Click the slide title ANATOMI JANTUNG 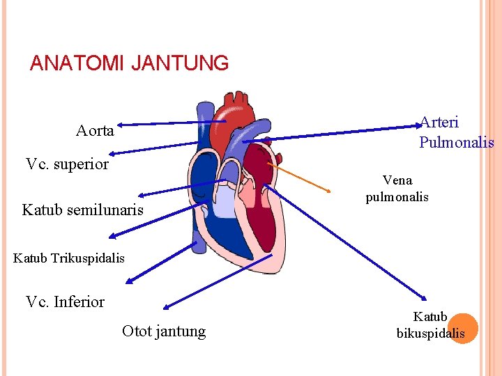coord(129,63)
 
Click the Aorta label coord(95,131)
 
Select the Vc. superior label coord(67,164)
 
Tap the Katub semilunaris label coord(82,210)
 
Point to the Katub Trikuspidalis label coord(68,258)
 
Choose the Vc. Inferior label coord(65,302)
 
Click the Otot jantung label coord(164,331)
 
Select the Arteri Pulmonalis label coord(456,132)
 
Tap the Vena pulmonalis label coord(397,189)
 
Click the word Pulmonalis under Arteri coord(456,143)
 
